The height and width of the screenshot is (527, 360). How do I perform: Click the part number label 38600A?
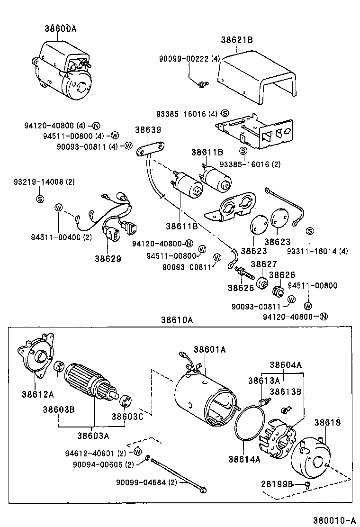[61, 28]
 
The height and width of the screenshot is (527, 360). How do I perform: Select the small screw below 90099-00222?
[203, 84]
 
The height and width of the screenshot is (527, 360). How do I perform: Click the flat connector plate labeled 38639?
[150, 150]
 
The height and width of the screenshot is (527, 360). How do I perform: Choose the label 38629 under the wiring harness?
[108, 259]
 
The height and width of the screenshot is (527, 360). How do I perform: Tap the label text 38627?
[264, 264]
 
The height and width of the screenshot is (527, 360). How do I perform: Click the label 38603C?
[127, 417]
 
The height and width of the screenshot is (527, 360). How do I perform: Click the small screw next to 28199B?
[307, 483]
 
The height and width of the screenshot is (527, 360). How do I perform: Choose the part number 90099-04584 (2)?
[146, 483]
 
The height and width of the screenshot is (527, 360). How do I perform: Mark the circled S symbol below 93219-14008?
[40, 199]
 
